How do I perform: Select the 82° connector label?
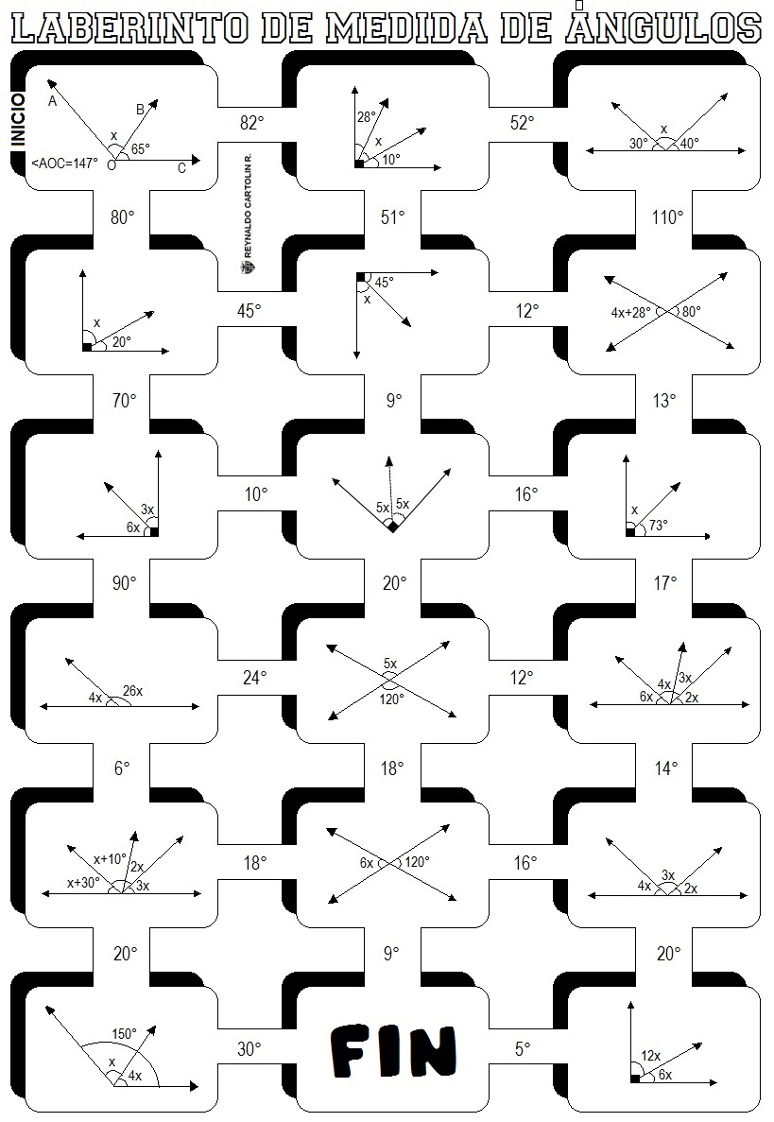coord(250,123)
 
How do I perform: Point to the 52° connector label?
coord(522,123)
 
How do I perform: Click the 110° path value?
coord(666,217)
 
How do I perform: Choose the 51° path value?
coord(393,217)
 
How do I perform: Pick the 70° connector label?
coord(124,401)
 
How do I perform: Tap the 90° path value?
coord(124,583)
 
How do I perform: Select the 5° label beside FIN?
coord(523,1047)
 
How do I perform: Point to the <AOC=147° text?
coord(64,164)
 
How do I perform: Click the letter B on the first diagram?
coord(140,110)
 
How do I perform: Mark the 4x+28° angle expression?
coord(633,311)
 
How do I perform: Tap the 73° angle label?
coord(658,524)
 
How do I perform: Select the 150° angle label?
coord(125,1033)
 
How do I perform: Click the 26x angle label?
coord(132,691)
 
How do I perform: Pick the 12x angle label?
coord(651,1055)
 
